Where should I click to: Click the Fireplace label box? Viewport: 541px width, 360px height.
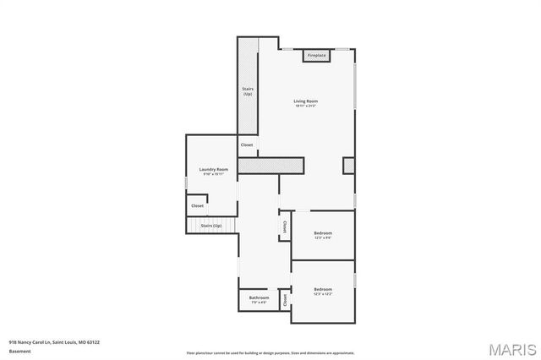(316, 56)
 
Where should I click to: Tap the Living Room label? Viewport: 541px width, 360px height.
(306, 101)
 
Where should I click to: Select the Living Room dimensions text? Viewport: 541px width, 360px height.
(306, 106)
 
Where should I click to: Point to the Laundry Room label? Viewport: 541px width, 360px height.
(214, 169)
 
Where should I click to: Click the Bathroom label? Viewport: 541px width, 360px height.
(259, 297)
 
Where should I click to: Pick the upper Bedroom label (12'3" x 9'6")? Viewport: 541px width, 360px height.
(323, 232)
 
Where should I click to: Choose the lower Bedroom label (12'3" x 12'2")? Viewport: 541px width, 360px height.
(323, 289)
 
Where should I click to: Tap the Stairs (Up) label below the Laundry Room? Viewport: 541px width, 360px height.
(210, 226)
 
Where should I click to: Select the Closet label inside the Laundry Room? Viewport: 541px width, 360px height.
(197, 205)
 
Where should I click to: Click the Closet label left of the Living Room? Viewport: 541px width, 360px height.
(247, 145)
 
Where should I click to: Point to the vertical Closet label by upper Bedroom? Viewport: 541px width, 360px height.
(283, 227)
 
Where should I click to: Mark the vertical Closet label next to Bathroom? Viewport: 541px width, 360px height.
(286, 299)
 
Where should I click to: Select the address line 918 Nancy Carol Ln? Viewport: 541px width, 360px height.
(54, 342)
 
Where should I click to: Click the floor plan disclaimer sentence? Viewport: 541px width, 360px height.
(270, 352)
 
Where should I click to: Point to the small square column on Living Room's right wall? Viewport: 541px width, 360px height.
(348, 165)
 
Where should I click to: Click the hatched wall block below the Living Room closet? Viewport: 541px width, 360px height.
(270, 166)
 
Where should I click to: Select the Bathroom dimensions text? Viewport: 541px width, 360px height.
(259, 303)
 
